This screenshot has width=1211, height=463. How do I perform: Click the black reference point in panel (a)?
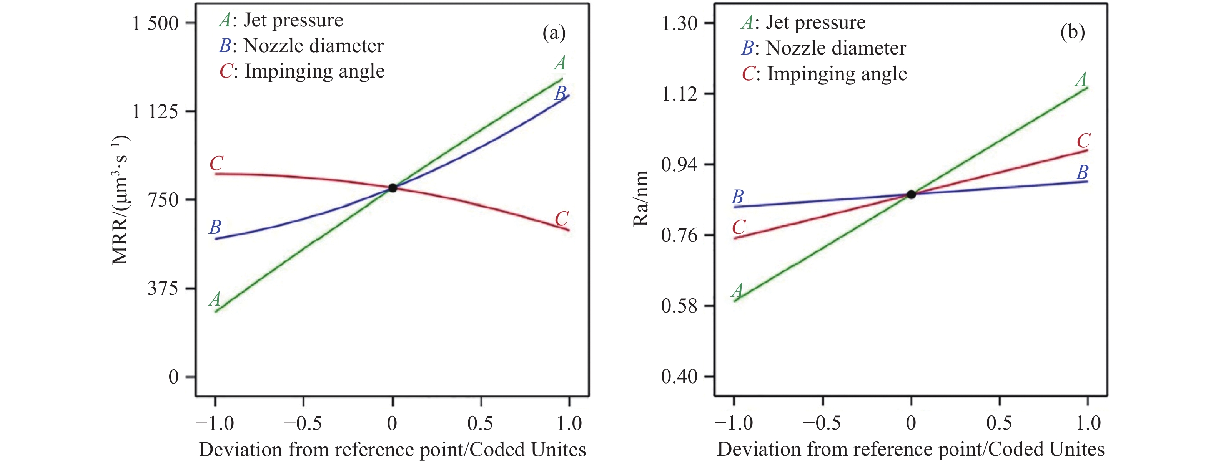click(x=393, y=188)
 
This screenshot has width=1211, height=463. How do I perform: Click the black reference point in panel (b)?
click(x=911, y=194)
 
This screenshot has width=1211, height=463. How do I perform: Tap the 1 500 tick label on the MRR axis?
click(x=156, y=23)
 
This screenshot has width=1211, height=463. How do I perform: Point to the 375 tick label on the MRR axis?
click(x=163, y=288)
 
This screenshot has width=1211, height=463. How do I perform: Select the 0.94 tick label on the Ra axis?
click(x=679, y=165)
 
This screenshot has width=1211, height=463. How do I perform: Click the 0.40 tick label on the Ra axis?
click(x=679, y=377)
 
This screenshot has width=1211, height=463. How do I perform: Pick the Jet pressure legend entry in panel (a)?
click(x=281, y=21)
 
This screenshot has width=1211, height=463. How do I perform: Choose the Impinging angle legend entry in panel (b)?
click(x=824, y=74)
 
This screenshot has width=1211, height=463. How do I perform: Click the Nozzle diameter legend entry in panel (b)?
click(x=823, y=48)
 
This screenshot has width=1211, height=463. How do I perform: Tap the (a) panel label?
click(x=554, y=33)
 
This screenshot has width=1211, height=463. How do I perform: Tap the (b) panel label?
click(x=1072, y=32)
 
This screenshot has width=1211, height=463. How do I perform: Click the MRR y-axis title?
click(x=120, y=200)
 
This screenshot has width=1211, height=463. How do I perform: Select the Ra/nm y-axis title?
click(x=641, y=198)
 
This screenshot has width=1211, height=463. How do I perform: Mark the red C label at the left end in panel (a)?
click(x=216, y=164)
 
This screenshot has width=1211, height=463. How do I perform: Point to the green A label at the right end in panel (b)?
click(x=1081, y=79)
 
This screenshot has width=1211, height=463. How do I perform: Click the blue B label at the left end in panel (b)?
click(x=738, y=197)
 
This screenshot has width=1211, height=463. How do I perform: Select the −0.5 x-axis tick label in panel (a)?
click(x=303, y=423)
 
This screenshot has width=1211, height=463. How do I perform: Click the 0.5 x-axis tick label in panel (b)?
click(x=999, y=423)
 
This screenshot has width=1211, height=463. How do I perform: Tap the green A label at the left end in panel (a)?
click(x=215, y=299)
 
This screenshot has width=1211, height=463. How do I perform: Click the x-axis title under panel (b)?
click(x=911, y=450)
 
